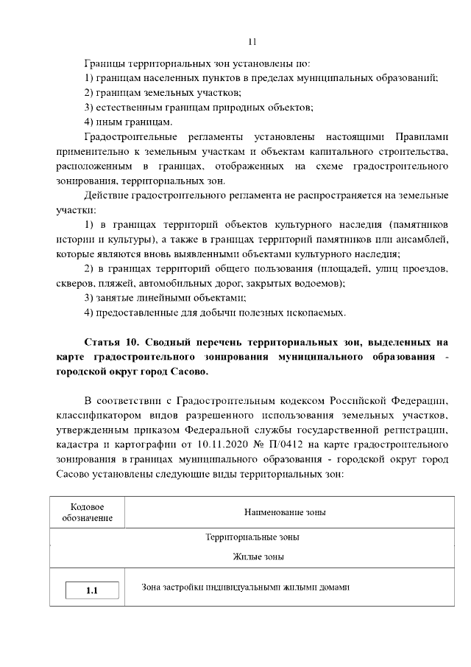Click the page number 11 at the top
point(252,41)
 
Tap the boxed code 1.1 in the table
point(91,590)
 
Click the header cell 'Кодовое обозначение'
point(87,512)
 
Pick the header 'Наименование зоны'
point(285,512)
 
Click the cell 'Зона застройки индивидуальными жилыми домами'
point(245,587)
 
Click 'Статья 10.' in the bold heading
point(112,343)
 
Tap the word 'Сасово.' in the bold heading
point(188,371)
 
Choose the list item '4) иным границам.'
point(129,122)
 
